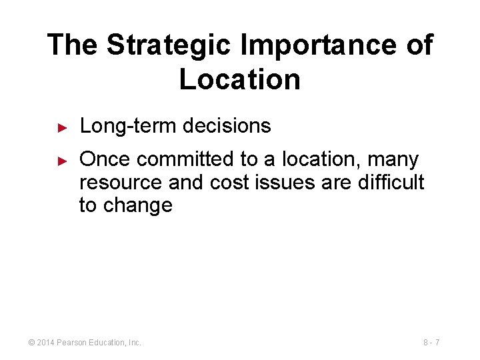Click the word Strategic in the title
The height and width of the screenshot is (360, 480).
coord(170,45)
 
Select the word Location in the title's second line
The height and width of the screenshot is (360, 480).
coord(240,79)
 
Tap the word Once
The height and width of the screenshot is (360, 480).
coord(105,160)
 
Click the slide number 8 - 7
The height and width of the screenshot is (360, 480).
coord(431,343)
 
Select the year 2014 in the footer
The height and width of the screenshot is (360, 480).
coord(47,343)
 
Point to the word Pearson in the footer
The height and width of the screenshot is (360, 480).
coord(75,343)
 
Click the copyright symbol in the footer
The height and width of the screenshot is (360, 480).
coord(31,343)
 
